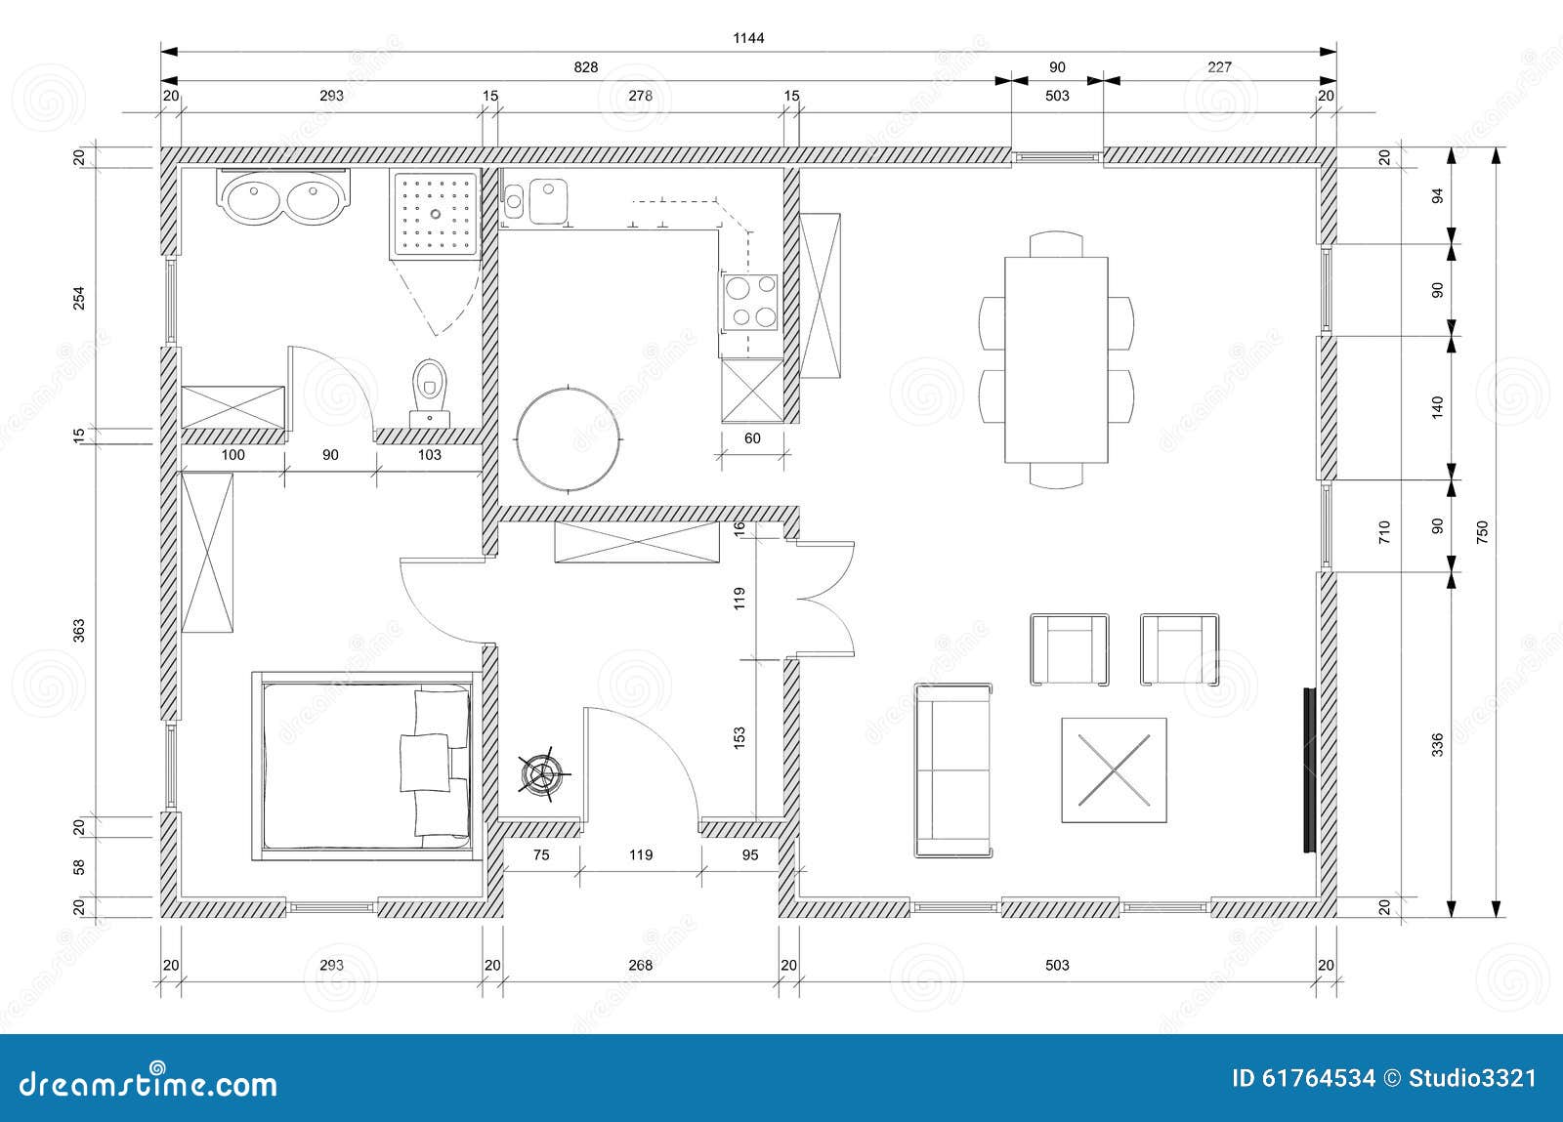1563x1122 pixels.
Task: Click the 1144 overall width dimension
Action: pyautogui.click(x=748, y=38)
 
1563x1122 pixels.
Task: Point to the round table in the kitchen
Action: pyautogui.click(x=569, y=436)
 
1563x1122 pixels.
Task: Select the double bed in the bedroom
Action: pyautogui.click(x=363, y=765)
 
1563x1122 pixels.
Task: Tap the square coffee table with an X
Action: pyautogui.click(x=1114, y=769)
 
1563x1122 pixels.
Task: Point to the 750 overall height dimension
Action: pyautogui.click(x=1482, y=531)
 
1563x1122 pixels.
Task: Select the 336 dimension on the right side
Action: pyautogui.click(x=1436, y=744)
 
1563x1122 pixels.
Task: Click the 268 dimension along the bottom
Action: pyautogui.click(x=640, y=966)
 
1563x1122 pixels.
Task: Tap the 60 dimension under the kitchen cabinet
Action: pyautogui.click(x=752, y=438)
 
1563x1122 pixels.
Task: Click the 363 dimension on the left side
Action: pyautogui.click(x=80, y=630)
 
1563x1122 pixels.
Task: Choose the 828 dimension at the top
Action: pyautogui.click(x=585, y=67)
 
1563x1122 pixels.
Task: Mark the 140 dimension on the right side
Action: pyautogui.click(x=1436, y=406)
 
